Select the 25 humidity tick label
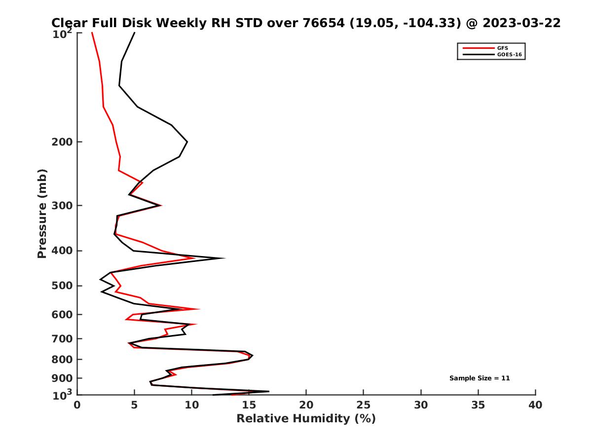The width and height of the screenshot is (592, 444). point(364,405)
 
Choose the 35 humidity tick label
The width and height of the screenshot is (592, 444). point(478,405)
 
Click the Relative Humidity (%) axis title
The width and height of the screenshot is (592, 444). point(306,419)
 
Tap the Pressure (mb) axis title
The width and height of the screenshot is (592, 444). point(42,213)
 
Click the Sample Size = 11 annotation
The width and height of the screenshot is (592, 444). point(479,378)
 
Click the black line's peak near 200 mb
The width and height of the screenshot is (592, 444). point(187,142)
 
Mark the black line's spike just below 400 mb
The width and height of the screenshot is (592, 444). point(225,258)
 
